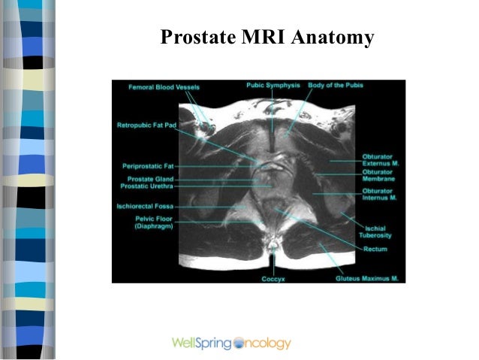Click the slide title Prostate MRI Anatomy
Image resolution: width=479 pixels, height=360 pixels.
tap(267, 37)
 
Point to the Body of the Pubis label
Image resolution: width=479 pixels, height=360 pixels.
tap(336, 86)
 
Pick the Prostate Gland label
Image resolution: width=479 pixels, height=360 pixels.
tap(150, 179)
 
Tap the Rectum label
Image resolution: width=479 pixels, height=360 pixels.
tap(375, 248)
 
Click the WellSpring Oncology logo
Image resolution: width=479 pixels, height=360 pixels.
tap(231, 343)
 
